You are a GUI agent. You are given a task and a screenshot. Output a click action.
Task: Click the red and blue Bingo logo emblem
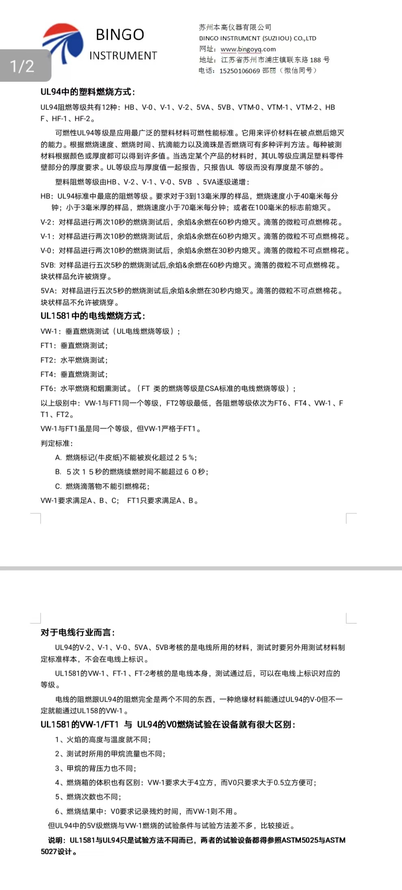click(x=63, y=43)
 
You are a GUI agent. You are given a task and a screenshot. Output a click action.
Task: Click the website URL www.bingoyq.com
click(x=248, y=49)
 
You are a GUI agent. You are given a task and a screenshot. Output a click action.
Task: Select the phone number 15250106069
click(x=239, y=71)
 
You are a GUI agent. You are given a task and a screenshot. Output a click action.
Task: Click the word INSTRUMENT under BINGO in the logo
click(x=123, y=56)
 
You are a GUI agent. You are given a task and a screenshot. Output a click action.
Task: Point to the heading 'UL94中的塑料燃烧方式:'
click(x=88, y=92)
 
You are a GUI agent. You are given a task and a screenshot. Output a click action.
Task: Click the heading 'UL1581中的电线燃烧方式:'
click(x=92, y=316)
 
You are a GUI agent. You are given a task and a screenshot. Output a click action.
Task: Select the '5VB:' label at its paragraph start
click(x=48, y=265)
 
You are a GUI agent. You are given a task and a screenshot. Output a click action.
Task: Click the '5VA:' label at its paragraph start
click(x=49, y=291)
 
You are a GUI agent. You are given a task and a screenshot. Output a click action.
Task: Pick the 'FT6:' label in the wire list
click(x=48, y=388)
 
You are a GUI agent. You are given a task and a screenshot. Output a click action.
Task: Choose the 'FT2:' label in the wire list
click(x=48, y=360)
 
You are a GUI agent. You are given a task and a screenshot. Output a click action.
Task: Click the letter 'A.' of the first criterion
click(x=58, y=457)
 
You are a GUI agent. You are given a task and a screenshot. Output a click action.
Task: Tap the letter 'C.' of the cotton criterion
click(x=58, y=486)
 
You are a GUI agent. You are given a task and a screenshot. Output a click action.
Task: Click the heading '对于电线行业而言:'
click(x=77, y=632)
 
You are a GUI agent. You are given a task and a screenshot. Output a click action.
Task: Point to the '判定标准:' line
click(x=56, y=443)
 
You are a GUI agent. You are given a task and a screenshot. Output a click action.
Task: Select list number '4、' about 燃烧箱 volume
click(x=59, y=782)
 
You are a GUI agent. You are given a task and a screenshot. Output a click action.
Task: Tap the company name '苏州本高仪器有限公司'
click(x=235, y=27)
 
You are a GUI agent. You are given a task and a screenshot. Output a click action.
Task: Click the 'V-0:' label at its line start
click(x=47, y=250)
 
